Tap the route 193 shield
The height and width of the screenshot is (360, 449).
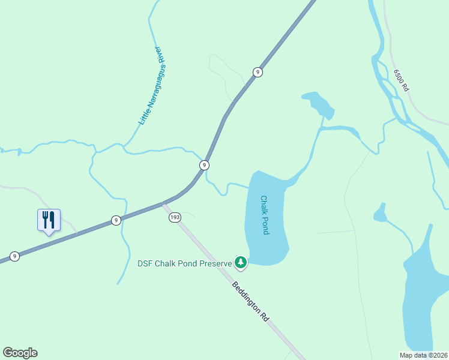(175, 218)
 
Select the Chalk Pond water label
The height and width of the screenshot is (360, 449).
(264, 215)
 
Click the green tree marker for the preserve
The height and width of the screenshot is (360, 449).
(240, 262)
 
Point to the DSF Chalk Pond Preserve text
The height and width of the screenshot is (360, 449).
(184, 263)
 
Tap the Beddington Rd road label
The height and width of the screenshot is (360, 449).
(250, 301)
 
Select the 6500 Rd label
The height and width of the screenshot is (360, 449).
(401, 80)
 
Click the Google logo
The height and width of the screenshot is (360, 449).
(20, 352)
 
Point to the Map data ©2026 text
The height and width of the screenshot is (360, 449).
(423, 355)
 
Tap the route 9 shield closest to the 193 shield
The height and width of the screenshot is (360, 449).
(115, 221)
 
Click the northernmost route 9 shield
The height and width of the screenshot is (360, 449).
(258, 72)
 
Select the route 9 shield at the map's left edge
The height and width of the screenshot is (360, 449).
(15, 256)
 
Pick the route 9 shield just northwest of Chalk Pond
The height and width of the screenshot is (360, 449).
(205, 165)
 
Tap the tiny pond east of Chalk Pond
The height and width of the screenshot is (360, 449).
(379, 213)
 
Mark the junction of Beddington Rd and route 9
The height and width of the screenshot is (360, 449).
(163, 203)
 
